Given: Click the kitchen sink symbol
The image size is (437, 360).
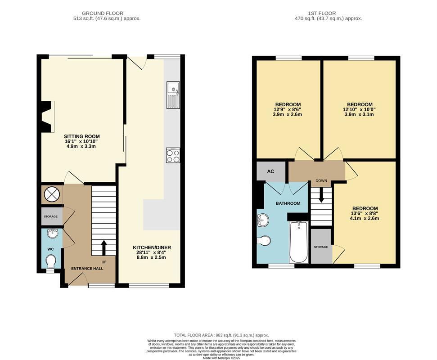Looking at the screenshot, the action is pos(173,95).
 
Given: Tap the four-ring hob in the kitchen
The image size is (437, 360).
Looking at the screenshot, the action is pos(173,155).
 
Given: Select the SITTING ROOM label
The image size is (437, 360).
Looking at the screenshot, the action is pos(81,136).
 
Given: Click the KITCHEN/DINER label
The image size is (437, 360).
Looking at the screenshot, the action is pos(152,247).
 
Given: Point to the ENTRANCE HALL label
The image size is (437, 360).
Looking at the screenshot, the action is pos(87,269).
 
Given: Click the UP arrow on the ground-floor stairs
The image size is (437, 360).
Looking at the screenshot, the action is pos(104,248).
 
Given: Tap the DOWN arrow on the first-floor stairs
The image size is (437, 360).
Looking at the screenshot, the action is pos(321,195).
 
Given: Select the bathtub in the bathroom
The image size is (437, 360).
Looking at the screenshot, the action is pos(299,242).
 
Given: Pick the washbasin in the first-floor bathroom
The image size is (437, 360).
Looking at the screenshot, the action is pos(263,220).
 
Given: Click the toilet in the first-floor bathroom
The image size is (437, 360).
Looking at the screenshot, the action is pos(264,241).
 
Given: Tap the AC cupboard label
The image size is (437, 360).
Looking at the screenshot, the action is pos(270,171).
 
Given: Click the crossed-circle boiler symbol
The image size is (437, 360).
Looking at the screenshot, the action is pos(52,194).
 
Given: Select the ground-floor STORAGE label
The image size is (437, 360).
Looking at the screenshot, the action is pos(51,216).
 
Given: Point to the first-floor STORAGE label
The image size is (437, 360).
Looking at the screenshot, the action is pos(321,247).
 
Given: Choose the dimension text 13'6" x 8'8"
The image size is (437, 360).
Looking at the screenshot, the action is pos(365,213).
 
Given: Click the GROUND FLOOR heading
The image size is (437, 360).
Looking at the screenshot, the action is pos(103,13).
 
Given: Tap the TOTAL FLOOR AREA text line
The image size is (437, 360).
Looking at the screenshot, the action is pos(221,335).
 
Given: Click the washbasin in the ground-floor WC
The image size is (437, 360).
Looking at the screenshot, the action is pos(52,234).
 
